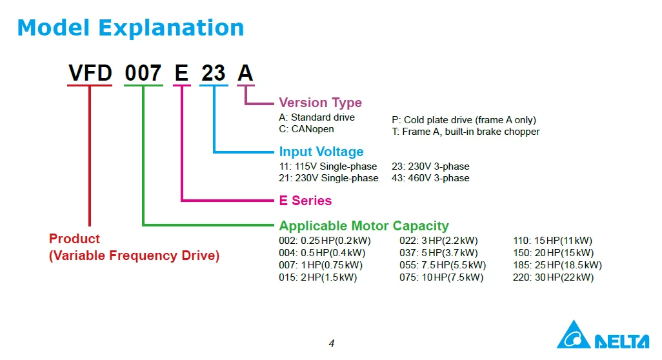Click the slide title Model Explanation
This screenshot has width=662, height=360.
(130, 28)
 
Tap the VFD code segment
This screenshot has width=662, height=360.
(90, 73)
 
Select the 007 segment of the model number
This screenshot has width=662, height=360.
(143, 73)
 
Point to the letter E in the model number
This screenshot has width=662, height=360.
(182, 73)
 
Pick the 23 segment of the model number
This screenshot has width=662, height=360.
(214, 73)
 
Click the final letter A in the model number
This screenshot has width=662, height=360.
(245, 73)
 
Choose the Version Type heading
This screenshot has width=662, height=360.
(320, 103)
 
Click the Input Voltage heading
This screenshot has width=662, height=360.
(321, 152)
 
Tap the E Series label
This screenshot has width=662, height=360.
(305, 201)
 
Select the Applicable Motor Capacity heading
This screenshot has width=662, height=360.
(363, 226)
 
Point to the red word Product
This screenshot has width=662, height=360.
(75, 239)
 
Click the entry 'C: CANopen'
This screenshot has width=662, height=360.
(306, 129)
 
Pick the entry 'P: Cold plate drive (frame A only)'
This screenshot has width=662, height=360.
(463, 120)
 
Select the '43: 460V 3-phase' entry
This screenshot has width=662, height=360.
(430, 178)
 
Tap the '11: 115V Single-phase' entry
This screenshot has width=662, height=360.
(328, 166)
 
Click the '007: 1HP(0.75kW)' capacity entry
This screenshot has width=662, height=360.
(321, 265)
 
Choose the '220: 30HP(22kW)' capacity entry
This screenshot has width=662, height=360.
(553, 277)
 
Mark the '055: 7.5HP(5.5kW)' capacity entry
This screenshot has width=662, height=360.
(443, 265)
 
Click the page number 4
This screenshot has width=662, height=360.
(332, 343)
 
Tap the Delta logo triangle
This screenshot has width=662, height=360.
(573, 337)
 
